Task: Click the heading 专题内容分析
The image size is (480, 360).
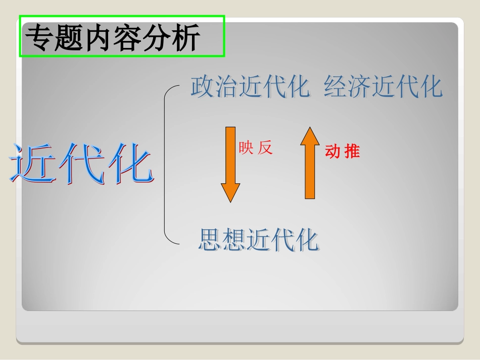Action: pyautogui.click(x=113, y=38)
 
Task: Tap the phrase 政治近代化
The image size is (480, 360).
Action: pyautogui.click(x=250, y=87)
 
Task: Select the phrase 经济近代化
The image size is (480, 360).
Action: pyautogui.click(x=383, y=87)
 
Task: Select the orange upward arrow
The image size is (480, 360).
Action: pyautogui.click(x=310, y=163)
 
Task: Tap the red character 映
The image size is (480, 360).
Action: pyautogui.click(x=246, y=148)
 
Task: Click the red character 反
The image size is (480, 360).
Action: pyautogui.click(x=265, y=148)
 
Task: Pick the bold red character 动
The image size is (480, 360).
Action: pyautogui.click(x=332, y=151)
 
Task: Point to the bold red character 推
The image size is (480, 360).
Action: pyautogui.click(x=352, y=151)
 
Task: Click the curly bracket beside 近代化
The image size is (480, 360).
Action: pyautogui.click(x=168, y=165)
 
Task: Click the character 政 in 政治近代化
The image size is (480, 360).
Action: pyautogui.click(x=202, y=87)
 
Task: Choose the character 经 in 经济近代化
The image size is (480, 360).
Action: pyautogui.click(x=335, y=87)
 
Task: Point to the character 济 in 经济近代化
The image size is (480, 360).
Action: pyautogui.click(x=359, y=87)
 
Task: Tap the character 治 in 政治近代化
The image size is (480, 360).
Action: pyautogui.click(x=226, y=87)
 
